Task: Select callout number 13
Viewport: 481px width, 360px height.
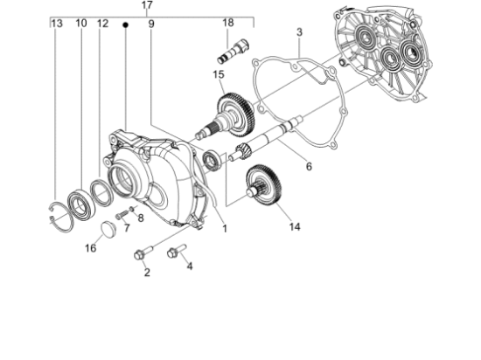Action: pyautogui.click(x=57, y=23)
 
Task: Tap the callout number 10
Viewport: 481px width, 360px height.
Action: pyautogui.click(x=80, y=23)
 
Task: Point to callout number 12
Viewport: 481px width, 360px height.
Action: pyautogui.click(x=102, y=23)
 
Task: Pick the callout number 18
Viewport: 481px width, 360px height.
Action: pyautogui.click(x=227, y=23)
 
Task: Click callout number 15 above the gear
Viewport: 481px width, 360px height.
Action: pyautogui.click(x=219, y=75)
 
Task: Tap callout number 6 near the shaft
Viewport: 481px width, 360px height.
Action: pyautogui.click(x=308, y=166)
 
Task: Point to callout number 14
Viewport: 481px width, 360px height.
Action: pyautogui.click(x=294, y=226)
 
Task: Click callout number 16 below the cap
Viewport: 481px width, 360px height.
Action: pyautogui.click(x=90, y=248)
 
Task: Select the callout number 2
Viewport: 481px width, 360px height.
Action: pyautogui.click(x=147, y=273)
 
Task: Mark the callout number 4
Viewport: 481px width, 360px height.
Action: pyautogui.click(x=189, y=267)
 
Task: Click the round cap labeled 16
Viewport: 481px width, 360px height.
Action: pyautogui.click(x=108, y=228)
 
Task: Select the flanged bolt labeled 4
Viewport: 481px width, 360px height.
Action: pyautogui.click(x=173, y=253)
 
